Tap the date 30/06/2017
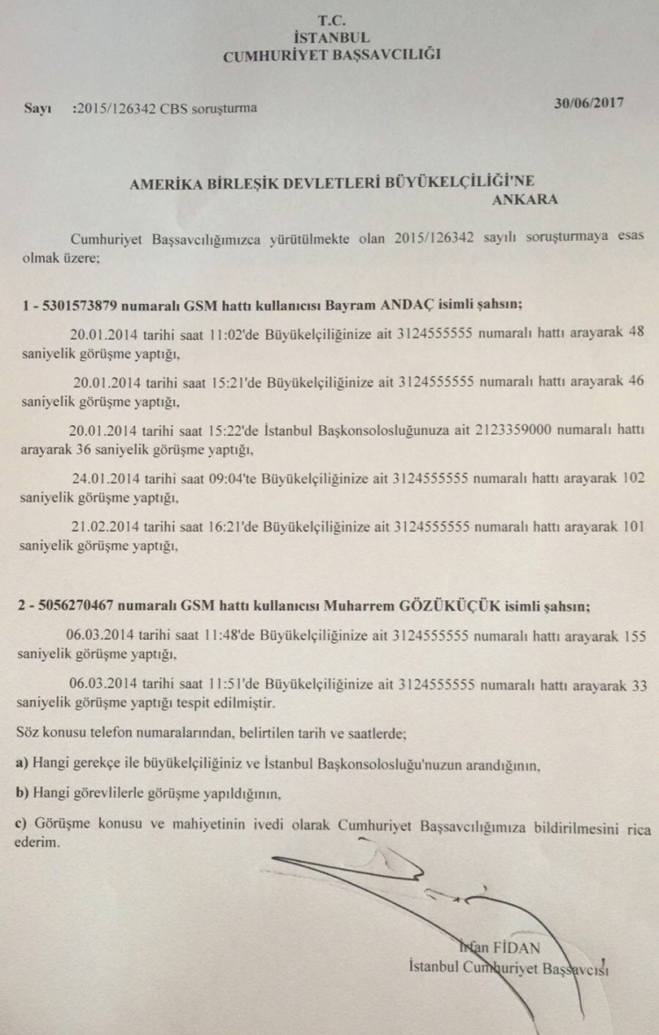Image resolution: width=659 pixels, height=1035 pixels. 590,103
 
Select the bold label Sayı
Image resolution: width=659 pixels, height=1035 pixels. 38,109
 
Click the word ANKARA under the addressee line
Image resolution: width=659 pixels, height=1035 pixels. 525,199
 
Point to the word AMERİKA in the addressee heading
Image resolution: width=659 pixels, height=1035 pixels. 159,184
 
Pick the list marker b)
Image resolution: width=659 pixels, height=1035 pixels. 23,794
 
